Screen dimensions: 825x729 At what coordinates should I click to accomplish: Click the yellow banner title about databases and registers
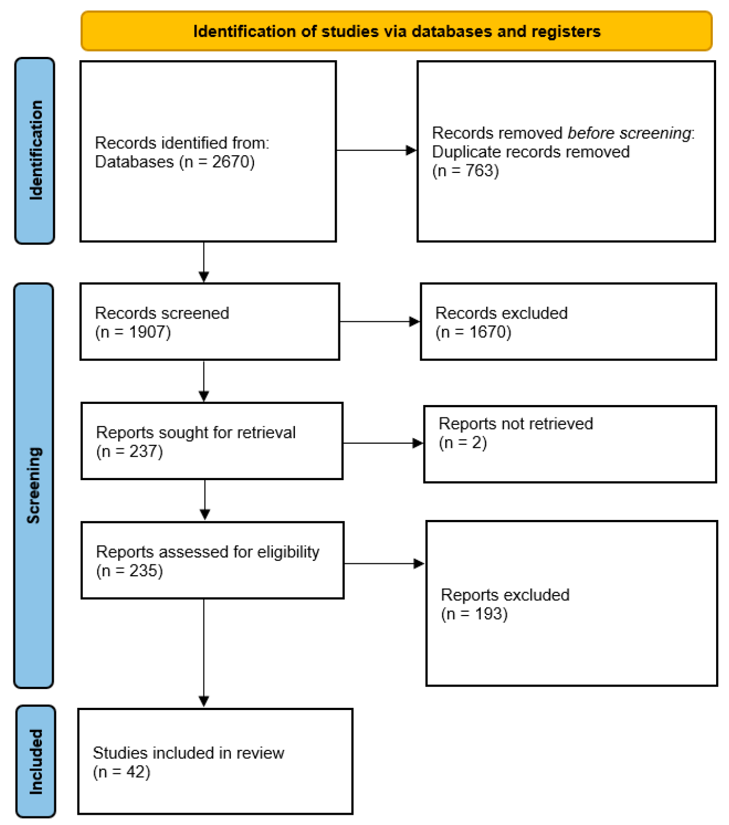click(x=396, y=31)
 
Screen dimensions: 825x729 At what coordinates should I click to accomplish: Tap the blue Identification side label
click(x=35, y=150)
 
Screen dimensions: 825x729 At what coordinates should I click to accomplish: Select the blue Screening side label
click(x=34, y=485)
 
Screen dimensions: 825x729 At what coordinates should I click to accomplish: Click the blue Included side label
click(x=35, y=761)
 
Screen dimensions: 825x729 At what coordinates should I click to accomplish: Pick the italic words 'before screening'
click(x=629, y=133)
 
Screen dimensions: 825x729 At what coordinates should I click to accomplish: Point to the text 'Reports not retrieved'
click(x=516, y=424)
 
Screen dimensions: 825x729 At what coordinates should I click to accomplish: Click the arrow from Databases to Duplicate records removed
click(x=376, y=150)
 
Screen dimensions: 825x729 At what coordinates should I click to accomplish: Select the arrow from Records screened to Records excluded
click(x=379, y=322)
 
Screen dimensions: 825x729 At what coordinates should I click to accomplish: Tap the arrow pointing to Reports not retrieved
click(x=382, y=443)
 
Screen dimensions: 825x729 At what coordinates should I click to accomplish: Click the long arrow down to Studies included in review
click(x=204, y=653)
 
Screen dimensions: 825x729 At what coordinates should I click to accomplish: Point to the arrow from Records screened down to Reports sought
click(x=204, y=381)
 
